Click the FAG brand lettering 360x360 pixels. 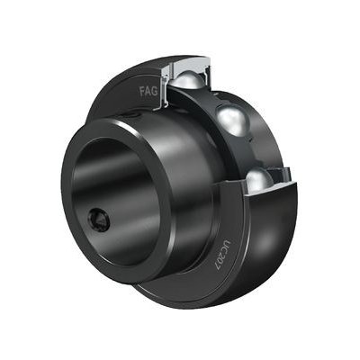click(148, 91)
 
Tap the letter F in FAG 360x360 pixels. click(142, 91)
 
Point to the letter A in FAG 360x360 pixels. click(148, 91)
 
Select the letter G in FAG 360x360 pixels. click(155, 91)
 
